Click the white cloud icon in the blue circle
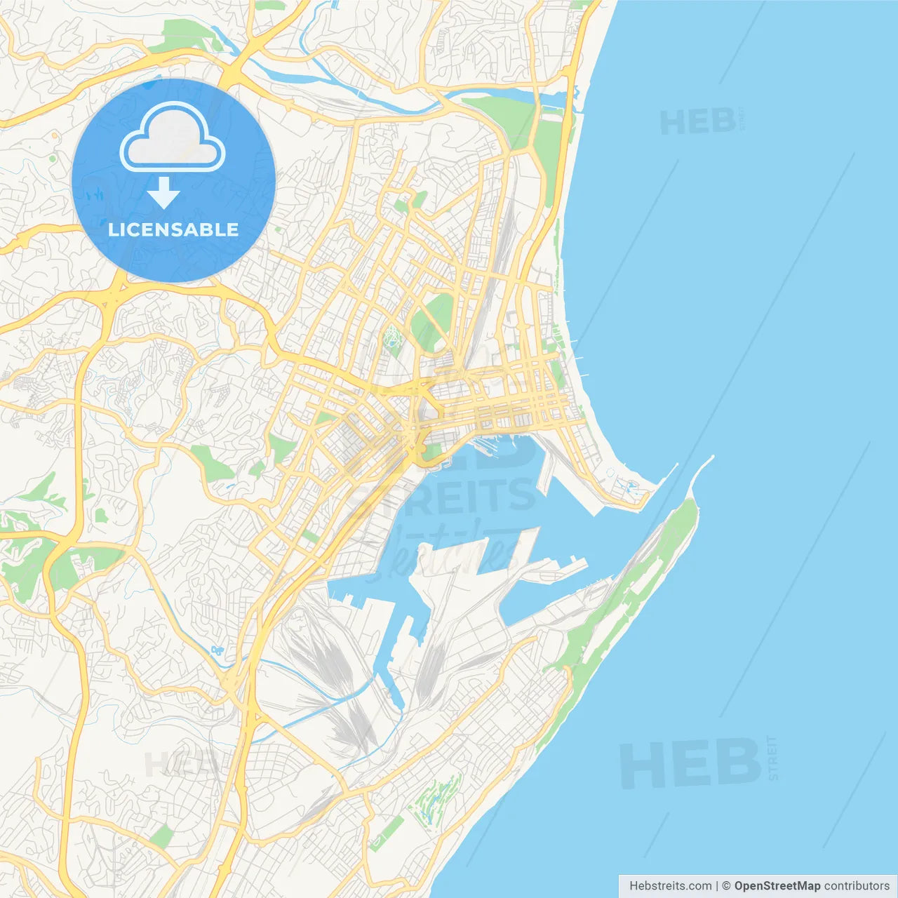pyautogui.click(x=173, y=138)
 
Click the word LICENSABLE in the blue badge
pyautogui.click(x=173, y=229)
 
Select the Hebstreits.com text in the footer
pyautogui.click(x=670, y=886)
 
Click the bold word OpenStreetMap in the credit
pyautogui.click(x=777, y=886)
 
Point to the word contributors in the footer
pyautogui.click(x=856, y=886)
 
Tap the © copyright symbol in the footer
pyautogui.click(x=726, y=886)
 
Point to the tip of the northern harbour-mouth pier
pyautogui.click(x=675, y=466)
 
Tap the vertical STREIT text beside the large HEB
pyautogui.click(x=772, y=758)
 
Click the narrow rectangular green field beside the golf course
pyautogui.click(x=387, y=833)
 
